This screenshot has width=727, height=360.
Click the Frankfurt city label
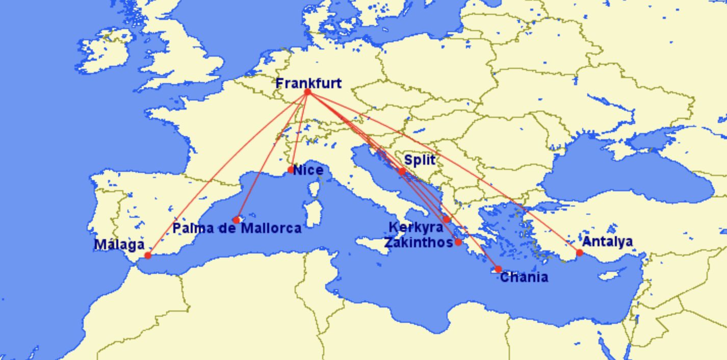[308, 83]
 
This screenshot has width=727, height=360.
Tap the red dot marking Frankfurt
[307, 92]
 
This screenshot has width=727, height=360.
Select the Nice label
[308, 170]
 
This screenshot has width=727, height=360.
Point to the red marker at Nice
[291, 170]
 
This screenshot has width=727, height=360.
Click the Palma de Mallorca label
[237, 228]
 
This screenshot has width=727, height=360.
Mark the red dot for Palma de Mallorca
[236, 220]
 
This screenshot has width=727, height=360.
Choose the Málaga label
[119, 245]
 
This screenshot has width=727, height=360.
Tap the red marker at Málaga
[148, 255]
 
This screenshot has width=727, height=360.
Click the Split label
[420, 160]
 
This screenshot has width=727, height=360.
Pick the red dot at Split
[402, 172]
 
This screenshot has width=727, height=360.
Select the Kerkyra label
[416, 227]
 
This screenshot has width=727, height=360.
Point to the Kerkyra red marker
[447, 219]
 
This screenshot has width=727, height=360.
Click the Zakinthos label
[418, 242]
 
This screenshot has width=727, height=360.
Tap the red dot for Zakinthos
[458, 242]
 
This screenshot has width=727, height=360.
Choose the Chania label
[524, 277]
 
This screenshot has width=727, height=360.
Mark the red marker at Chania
[498, 269]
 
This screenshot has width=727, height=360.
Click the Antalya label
[607, 241]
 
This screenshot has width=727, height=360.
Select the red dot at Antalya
[579, 252]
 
